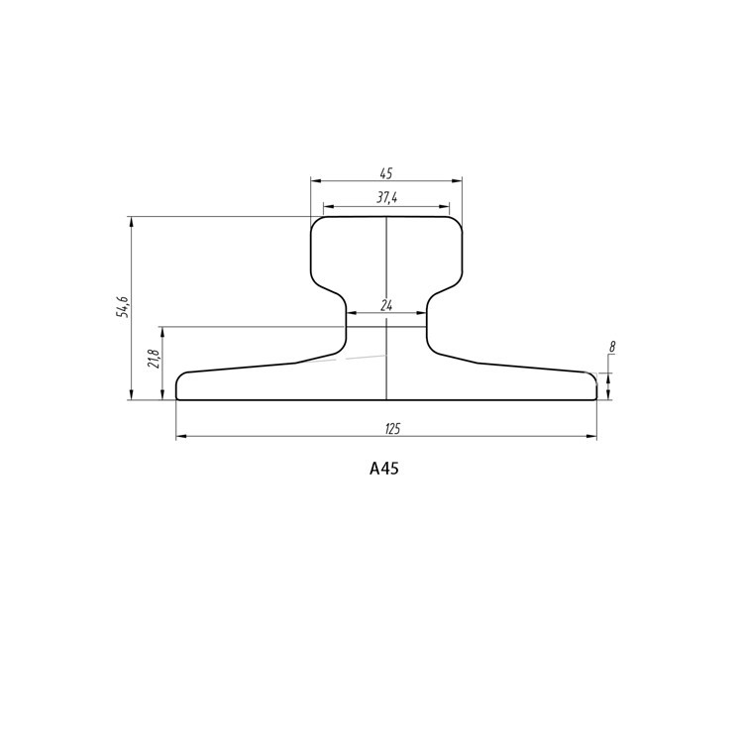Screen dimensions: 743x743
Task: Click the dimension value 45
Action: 386,173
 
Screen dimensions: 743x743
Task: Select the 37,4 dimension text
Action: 386,198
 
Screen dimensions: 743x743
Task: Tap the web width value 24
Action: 386,306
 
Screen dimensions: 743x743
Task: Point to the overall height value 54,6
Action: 123,307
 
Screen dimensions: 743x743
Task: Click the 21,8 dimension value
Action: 153,359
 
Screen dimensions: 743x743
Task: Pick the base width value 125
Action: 391,429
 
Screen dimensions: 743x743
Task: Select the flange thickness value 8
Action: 613,348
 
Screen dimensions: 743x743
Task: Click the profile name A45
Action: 383,470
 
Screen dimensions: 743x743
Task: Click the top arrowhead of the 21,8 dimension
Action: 161,332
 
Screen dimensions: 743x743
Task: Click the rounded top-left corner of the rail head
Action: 316,222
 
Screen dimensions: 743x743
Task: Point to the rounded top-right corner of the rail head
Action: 457,222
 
